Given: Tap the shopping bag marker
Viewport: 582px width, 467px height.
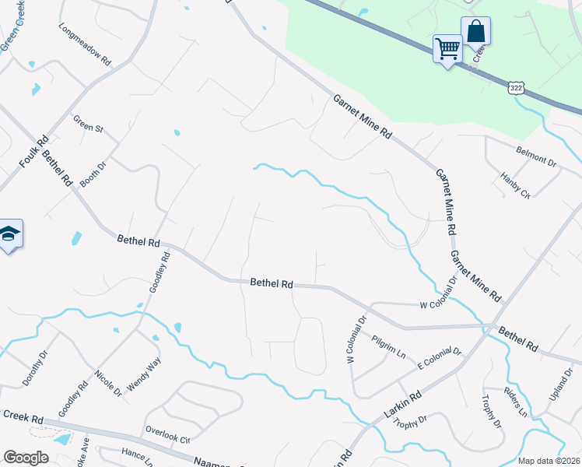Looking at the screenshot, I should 475,32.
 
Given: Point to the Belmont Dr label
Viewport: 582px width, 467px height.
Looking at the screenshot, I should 536,156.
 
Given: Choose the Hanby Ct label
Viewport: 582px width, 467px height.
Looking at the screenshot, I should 515,186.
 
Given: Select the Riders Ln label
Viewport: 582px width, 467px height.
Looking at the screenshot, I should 516,402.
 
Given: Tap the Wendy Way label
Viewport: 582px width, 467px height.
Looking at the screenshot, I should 144,372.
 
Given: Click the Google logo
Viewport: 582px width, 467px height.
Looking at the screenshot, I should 26,458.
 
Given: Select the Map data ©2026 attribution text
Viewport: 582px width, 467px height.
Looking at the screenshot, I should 549,461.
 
